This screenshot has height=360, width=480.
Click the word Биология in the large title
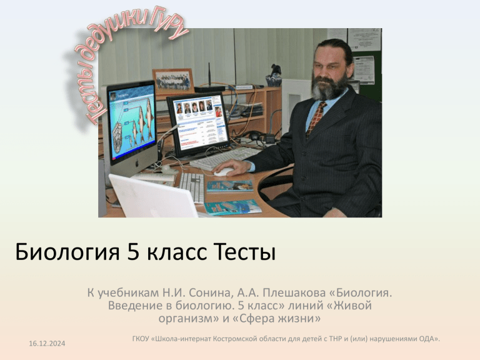tap(67, 252)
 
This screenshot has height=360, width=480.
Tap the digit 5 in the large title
tap(134, 252)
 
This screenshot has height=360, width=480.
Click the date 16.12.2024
tap(47, 344)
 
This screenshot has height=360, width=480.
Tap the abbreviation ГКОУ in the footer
tap(141, 339)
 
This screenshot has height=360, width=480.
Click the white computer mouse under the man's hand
tap(223, 172)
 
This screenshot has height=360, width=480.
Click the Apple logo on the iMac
tap(137, 164)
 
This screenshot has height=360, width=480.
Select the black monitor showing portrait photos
tap(198, 124)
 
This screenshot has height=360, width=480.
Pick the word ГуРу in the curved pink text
tap(169, 23)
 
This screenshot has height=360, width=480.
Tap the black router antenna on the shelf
tap(209, 75)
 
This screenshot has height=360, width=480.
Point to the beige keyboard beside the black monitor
tap(225, 157)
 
